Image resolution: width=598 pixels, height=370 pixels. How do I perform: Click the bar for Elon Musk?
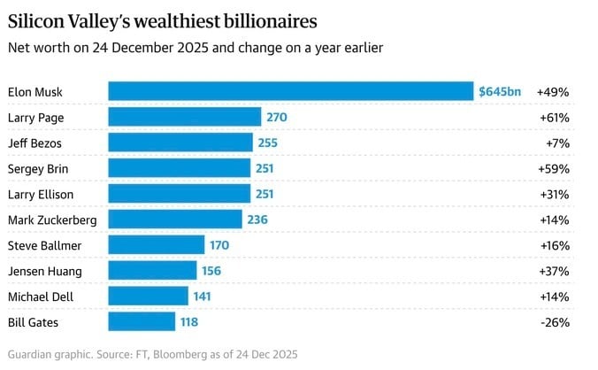290,91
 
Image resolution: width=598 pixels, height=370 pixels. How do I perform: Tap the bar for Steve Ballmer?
156,245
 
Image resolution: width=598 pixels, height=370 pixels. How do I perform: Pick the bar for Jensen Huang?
152,271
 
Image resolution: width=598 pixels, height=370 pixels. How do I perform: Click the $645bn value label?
500,91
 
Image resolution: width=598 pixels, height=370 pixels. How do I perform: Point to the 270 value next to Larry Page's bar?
277,117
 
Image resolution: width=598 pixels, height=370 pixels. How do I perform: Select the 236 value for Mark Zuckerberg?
257,220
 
